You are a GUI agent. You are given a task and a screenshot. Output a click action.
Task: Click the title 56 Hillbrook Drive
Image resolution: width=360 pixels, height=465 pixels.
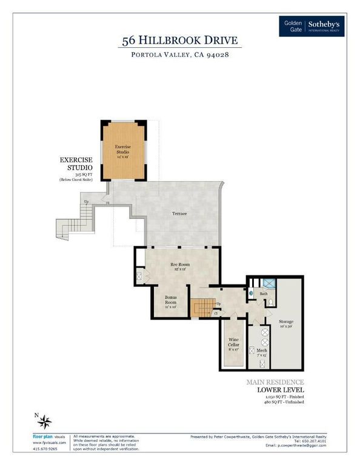(179, 41)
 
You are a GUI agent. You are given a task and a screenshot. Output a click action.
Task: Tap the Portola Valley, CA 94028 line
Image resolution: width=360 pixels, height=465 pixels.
(179, 55)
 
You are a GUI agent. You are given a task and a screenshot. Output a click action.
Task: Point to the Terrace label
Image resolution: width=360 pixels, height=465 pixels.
(178, 214)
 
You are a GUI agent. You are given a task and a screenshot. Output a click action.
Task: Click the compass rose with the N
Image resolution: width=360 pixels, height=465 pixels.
(46, 421)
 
